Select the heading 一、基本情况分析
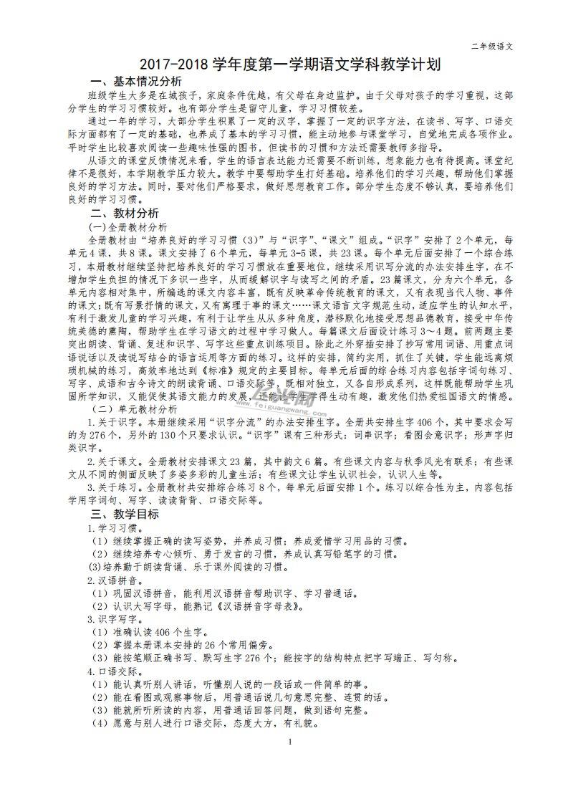click(x=135, y=80)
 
